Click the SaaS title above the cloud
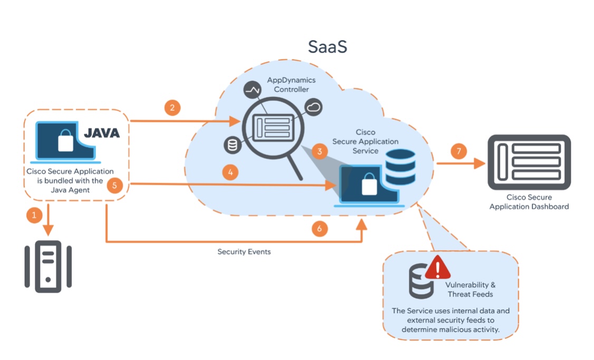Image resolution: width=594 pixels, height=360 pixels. click(328, 47)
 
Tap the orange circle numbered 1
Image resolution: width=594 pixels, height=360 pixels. click(34, 215)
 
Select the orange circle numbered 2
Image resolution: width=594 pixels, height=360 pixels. click(172, 108)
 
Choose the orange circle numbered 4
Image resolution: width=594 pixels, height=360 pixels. click(230, 172)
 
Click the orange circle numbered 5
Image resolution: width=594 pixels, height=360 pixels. click(114, 185)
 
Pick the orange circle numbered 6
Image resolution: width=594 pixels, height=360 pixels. click(319, 229)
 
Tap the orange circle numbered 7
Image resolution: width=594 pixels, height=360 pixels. click(458, 152)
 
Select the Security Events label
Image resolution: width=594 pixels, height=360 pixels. click(244, 252)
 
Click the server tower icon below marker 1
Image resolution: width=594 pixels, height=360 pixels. click(48, 267)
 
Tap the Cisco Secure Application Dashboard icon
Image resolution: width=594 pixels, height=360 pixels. click(529, 162)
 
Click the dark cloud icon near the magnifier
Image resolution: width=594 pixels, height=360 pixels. click(314, 108)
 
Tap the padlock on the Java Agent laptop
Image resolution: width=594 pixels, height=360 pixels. click(65, 140)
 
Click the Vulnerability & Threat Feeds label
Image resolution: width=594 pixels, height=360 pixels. click(470, 289)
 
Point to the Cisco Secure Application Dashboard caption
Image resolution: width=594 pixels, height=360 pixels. click(529, 202)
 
